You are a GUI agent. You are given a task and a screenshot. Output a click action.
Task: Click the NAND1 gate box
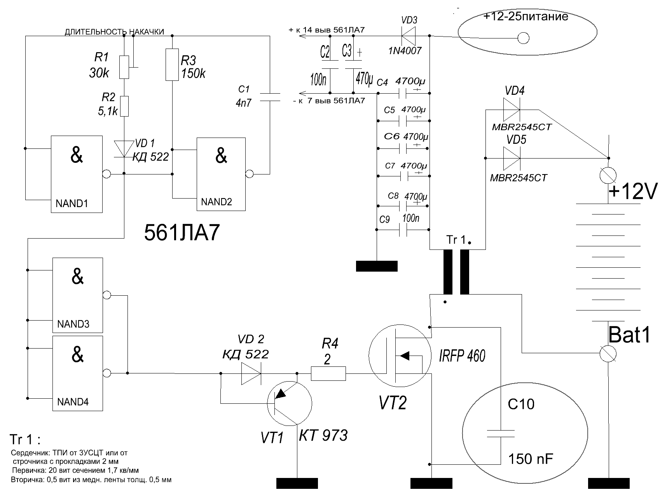77,174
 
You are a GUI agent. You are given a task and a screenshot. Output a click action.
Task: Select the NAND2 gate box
221,174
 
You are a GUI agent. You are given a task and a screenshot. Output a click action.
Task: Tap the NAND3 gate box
78,295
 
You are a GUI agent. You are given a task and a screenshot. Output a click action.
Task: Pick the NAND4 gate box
78,373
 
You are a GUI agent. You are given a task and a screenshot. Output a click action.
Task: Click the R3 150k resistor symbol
172,65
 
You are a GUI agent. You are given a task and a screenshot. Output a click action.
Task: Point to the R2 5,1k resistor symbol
124,106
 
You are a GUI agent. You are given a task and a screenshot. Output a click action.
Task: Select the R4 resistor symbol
328,373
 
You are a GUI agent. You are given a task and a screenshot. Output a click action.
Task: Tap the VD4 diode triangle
512,110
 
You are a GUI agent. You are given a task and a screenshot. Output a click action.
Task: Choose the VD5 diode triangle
512,158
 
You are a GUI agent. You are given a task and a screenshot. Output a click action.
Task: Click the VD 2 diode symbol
251,373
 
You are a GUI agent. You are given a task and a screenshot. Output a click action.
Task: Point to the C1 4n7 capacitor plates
269,97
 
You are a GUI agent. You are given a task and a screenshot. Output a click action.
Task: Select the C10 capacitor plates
501,433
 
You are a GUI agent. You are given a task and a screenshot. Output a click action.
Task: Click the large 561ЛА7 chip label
182,233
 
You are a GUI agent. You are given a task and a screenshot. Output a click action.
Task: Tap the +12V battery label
632,192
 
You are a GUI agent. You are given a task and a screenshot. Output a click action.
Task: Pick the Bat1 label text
629,335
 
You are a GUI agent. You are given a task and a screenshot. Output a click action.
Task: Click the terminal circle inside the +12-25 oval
523,38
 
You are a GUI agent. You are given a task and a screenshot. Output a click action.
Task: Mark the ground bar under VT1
297,483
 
